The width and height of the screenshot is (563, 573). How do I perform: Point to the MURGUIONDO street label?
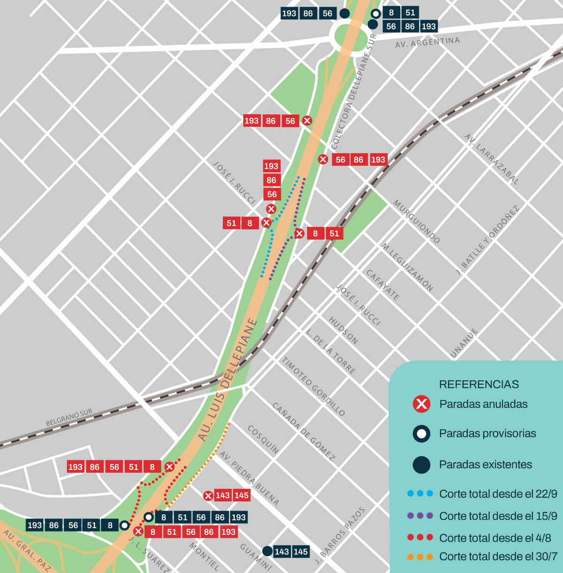(416, 222)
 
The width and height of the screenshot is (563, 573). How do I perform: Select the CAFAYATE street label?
(383, 285)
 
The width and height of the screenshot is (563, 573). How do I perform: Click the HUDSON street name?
(343, 331)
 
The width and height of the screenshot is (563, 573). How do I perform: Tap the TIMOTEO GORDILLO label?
(313, 386)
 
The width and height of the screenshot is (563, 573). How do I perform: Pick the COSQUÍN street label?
(263, 439)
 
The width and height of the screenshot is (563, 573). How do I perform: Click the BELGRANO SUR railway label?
(69, 418)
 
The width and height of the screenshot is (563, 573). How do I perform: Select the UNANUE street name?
(464, 343)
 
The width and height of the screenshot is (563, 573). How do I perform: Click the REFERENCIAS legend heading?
(479, 384)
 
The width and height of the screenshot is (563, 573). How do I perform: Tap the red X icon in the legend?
(421, 404)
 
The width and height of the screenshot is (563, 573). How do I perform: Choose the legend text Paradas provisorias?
(487, 434)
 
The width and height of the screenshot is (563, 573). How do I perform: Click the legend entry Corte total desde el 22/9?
(498, 494)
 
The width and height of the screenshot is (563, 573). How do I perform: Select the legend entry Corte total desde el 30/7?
(498, 557)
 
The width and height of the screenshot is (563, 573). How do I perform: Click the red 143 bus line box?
(223, 496)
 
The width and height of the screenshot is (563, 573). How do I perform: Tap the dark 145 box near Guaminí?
(301, 551)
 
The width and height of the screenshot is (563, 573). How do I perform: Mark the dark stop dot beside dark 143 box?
(267, 551)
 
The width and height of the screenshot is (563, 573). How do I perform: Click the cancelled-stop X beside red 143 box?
(208, 496)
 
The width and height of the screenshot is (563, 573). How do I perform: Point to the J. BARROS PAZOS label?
(340, 535)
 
